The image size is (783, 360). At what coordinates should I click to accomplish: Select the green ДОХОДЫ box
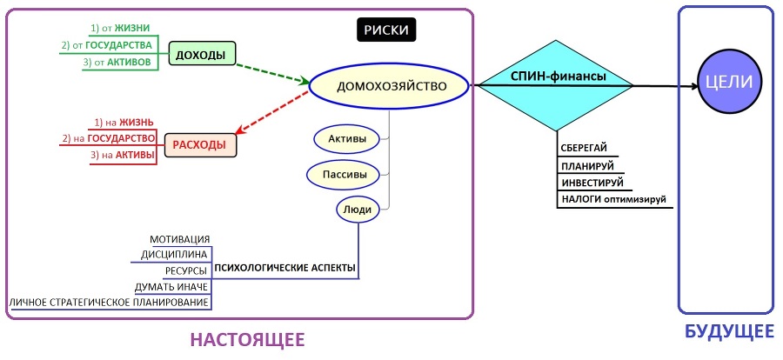pyautogui.click(x=201, y=55)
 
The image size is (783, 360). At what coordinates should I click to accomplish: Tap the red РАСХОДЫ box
pyautogui.click(x=201, y=144)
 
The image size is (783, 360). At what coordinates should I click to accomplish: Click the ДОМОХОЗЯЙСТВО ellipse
pyautogui.click(x=391, y=86)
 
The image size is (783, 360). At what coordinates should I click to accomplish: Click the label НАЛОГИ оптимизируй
pyautogui.click(x=613, y=200)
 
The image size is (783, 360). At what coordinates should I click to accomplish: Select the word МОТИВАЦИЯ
pyautogui.click(x=180, y=239)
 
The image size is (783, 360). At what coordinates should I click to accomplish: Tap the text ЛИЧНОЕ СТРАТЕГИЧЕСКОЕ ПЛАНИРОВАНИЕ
pyautogui.click(x=110, y=302)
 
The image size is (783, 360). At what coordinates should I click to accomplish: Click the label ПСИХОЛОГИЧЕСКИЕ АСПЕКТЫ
pyautogui.click(x=284, y=268)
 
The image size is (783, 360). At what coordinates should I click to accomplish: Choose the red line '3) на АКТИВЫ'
pyautogui.click(x=123, y=155)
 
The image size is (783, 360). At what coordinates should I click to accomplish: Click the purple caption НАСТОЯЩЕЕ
pyautogui.click(x=249, y=338)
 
